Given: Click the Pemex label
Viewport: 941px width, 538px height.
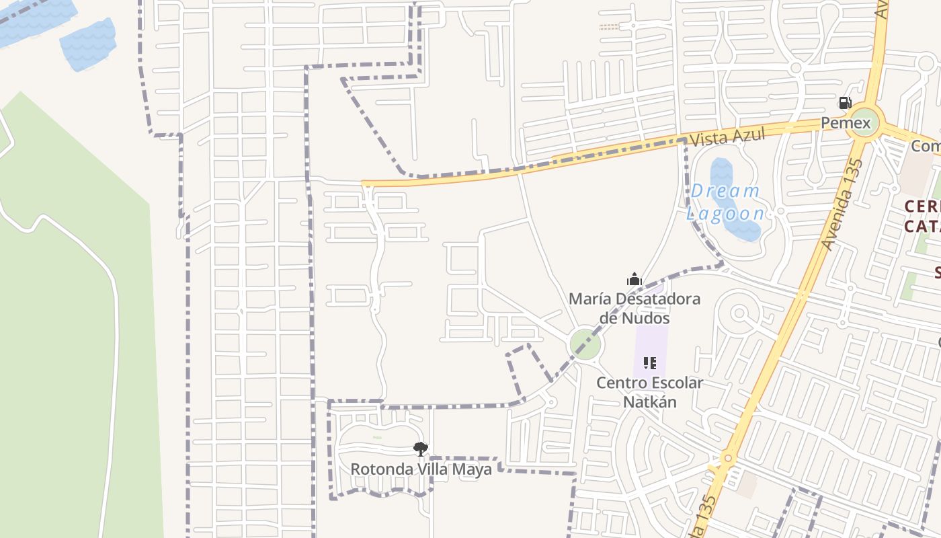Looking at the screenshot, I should coord(846,123).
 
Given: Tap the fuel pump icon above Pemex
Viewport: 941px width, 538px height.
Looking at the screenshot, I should coord(844,103).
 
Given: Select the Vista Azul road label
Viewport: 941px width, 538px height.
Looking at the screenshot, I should coord(728,137).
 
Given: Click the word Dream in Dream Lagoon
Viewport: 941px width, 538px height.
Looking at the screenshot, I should coord(725,192).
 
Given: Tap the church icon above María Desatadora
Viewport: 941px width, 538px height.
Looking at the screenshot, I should coord(634,279).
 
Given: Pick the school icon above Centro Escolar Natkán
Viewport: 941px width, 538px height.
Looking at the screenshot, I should coord(649,363).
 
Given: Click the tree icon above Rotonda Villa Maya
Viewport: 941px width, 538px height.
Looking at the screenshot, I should coord(421,449).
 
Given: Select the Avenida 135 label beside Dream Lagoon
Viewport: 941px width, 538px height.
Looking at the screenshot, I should coord(842,204).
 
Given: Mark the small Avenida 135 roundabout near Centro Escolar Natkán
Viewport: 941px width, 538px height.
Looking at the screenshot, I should coord(727,459).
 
